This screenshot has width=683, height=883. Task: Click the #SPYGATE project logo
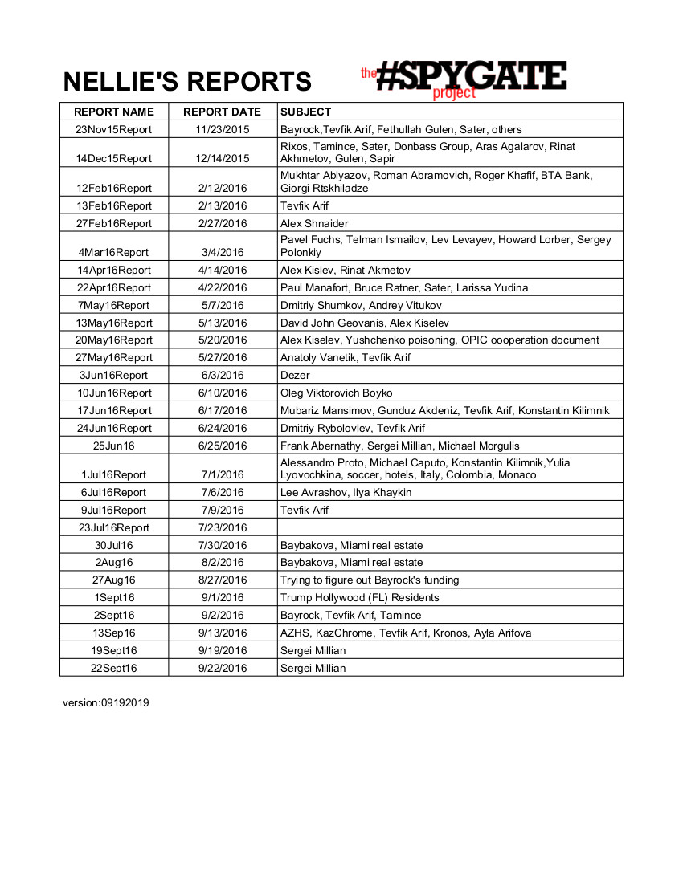[464, 79]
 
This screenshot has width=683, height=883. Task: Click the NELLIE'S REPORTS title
[187, 82]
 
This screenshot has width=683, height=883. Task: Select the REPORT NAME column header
[113, 112]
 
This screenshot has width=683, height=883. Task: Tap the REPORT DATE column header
[222, 112]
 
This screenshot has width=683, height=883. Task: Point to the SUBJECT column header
[305, 112]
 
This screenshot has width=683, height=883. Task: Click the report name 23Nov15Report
[113, 129]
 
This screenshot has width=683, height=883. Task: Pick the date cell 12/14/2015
[222, 158]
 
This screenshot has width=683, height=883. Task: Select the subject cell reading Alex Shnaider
[314, 223]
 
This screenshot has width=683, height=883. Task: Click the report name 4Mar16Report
[113, 252]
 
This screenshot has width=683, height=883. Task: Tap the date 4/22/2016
[222, 287]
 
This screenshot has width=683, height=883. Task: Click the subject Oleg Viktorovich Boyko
[336, 393]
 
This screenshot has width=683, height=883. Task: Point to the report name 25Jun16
[113, 446]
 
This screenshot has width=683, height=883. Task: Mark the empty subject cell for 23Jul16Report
[450, 527]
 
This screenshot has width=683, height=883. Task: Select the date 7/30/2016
[222, 545]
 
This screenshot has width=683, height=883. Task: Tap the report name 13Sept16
[113, 633]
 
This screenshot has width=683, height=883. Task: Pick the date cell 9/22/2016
[222, 668]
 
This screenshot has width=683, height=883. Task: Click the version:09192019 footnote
[106, 702]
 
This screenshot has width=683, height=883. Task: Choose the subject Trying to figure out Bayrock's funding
[370, 580]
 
